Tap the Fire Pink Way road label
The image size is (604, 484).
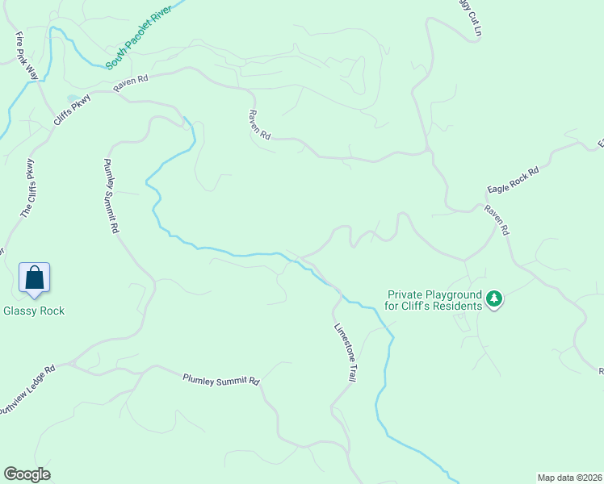27,56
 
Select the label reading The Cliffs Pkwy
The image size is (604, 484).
28,188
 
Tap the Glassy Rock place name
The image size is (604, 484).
34,311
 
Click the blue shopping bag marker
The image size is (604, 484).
35,277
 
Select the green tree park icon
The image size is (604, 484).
493,300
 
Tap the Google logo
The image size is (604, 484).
27,474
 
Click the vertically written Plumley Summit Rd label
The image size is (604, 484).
111,196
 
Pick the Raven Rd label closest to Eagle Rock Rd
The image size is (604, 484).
497,219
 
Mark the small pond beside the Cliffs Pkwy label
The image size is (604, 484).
72,99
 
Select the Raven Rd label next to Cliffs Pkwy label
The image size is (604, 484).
132,81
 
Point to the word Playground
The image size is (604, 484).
455,295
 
